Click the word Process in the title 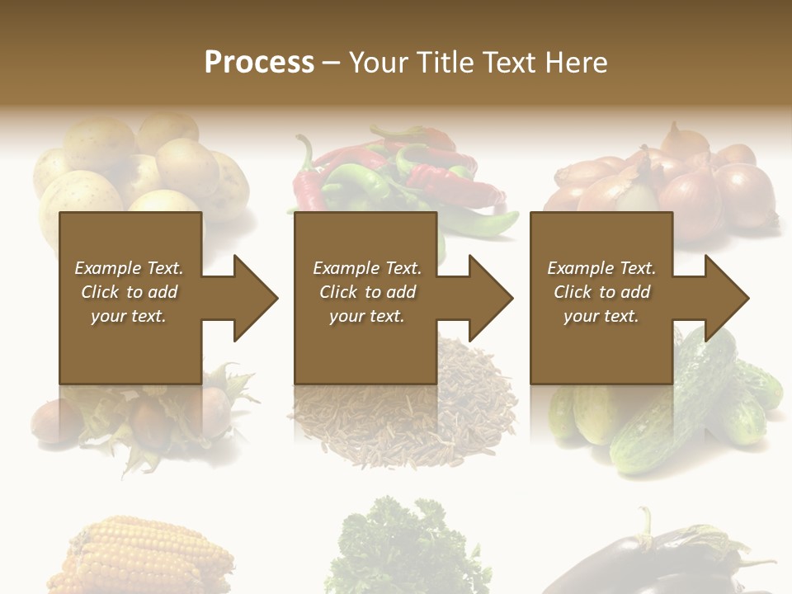click(259, 63)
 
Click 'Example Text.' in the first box click(129, 268)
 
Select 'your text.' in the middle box click(366, 316)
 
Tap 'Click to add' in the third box click(602, 292)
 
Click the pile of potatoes click(140, 169)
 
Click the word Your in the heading click(377, 63)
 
